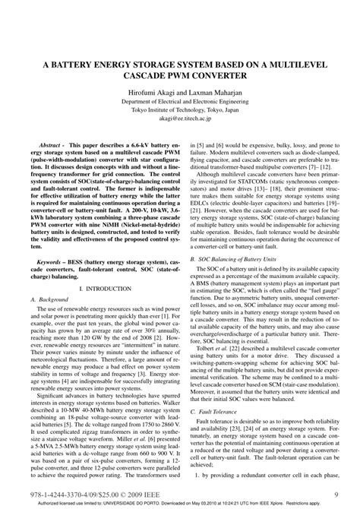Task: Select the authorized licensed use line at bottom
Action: (x=180, y=503)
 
